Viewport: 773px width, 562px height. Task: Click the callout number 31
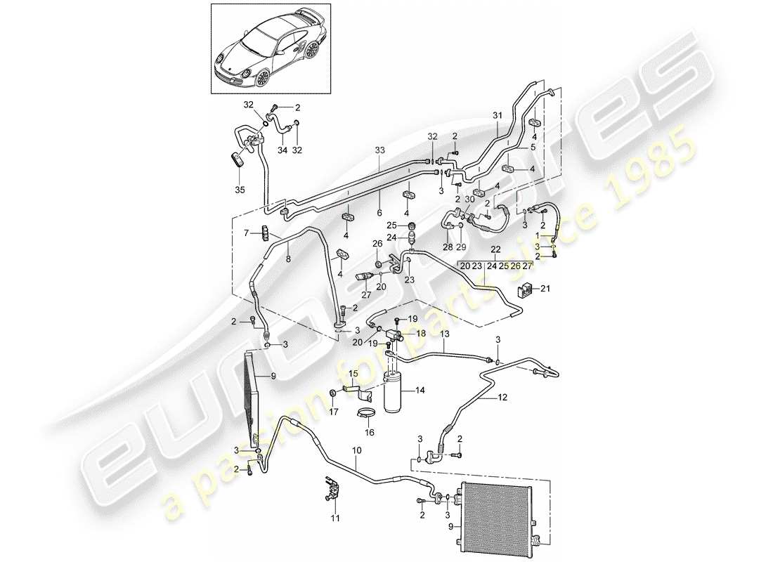click(x=498, y=116)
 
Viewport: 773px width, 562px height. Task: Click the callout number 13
click(x=444, y=336)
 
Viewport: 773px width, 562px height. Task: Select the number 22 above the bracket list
click(x=495, y=250)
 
